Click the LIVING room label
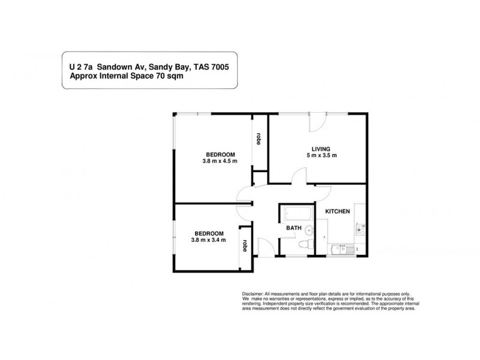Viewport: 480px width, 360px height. (x=321, y=149)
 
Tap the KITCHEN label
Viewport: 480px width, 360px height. (x=337, y=211)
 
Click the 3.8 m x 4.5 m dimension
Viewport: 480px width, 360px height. (x=220, y=161)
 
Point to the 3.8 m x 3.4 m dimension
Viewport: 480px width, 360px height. (x=209, y=240)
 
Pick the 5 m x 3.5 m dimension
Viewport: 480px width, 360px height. (x=321, y=156)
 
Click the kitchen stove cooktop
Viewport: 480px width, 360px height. (x=361, y=229)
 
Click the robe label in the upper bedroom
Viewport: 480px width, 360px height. (x=259, y=139)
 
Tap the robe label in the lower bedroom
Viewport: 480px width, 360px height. (x=245, y=245)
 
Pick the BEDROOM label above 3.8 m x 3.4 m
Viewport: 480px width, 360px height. (x=209, y=233)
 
